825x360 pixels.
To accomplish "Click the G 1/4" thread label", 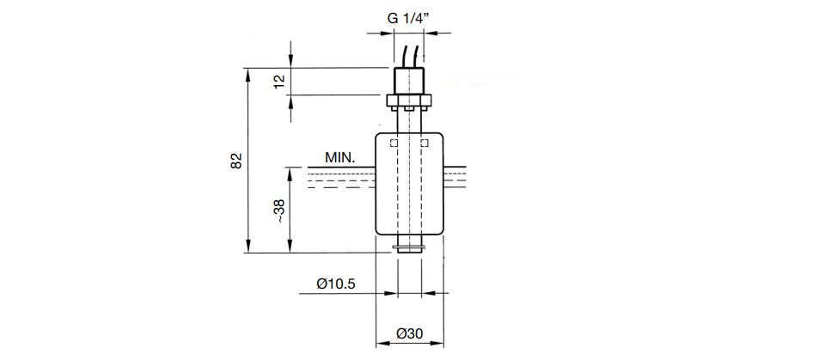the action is (409, 18).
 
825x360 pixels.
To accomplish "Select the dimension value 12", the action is (279, 81).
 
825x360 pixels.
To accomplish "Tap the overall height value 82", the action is (237, 161).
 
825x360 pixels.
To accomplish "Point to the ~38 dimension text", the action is (279, 211).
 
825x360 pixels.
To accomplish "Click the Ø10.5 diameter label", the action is (336, 284).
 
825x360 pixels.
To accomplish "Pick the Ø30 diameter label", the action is (410, 333).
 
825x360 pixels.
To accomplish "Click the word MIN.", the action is (340, 157).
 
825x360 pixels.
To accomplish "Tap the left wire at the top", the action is (404, 57).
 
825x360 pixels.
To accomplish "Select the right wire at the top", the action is (416, 57).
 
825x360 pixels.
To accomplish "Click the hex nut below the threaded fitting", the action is (409, 100).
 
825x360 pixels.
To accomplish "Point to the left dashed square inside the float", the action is (394, 143).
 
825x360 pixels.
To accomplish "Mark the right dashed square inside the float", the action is (424, 143).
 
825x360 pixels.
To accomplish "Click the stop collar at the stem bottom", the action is (409, 248).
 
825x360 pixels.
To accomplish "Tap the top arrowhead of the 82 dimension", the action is (247, 74).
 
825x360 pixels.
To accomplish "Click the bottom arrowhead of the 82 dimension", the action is (247, 247).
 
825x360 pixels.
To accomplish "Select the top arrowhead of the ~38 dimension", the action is (290, 174).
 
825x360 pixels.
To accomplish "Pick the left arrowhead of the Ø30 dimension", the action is (382, 344).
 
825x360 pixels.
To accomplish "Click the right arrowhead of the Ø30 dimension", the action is (437, 344).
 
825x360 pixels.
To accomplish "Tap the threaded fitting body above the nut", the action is (409, 81).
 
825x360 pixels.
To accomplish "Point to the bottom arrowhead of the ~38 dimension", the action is (290, 247).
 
